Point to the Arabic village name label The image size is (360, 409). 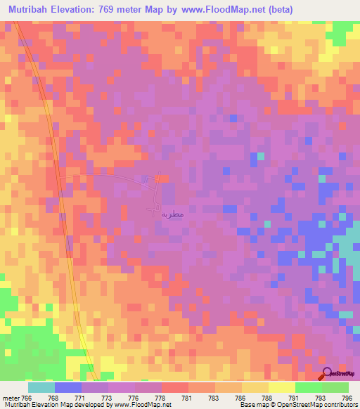coord(172,213)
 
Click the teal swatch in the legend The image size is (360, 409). coord(41,387)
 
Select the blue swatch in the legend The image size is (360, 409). coord(67,387)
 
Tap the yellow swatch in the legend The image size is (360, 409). coord(281,387)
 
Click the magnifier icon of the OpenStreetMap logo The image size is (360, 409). coord(327,373)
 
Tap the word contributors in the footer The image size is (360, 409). coord(340,405)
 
